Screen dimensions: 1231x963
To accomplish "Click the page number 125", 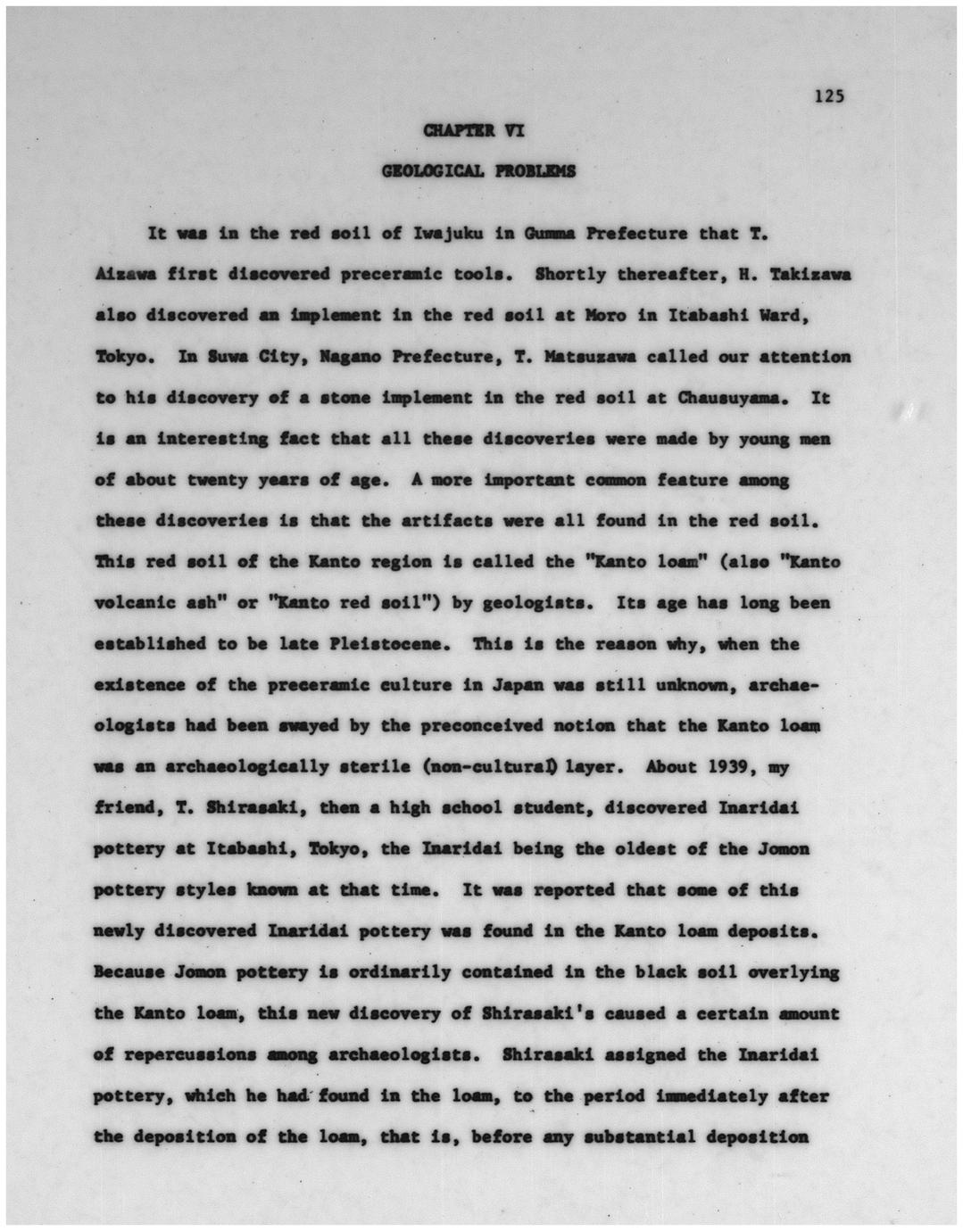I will pyautogui.click(x=829, y=96).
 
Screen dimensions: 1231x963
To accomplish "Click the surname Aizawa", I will pyautogui.click(x=124, y=276).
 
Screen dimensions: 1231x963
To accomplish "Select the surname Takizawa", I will pyautogui.click(x=810, y=276).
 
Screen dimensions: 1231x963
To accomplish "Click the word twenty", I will pyautogui.click(x=237, y=480).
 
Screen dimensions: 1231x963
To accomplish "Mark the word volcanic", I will pyautogui.click(x=133, y=603).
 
